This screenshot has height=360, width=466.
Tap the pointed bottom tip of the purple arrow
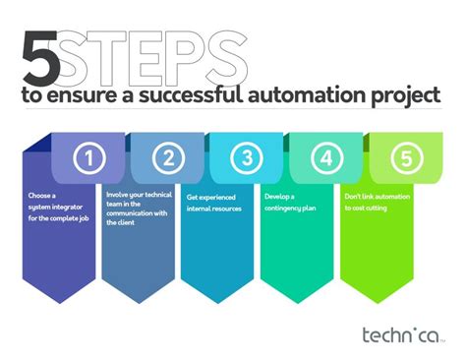coord(61,303)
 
